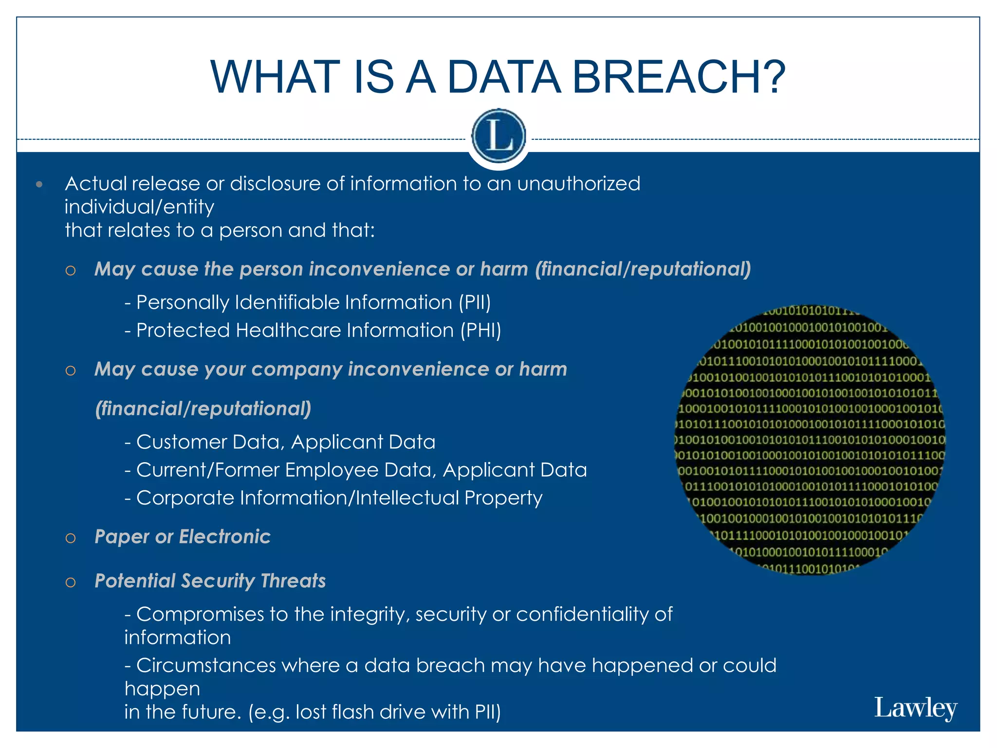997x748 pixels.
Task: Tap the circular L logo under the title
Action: click(x=498, y=136)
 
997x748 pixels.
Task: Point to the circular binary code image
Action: click(x=810, y=440)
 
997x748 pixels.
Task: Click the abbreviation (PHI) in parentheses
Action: click(x=481, y=331)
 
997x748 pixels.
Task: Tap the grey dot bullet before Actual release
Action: click(x=39, y=185)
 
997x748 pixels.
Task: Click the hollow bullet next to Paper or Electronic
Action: click(x=71, y=538)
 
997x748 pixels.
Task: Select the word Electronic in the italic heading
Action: click(x=224, y=537)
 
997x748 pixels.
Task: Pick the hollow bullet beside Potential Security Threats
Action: click(x=71, y=582)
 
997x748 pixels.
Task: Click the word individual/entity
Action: click(x=139, y=207)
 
